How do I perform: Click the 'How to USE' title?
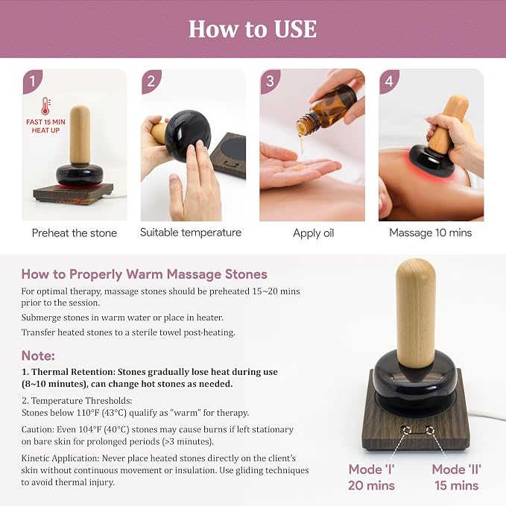coord(253,29)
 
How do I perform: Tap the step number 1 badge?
coord(32,80)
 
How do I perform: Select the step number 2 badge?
coord(151,80)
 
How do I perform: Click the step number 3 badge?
coord(270,80)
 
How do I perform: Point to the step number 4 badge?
coord(389,80)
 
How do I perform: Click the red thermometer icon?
coord(45,106)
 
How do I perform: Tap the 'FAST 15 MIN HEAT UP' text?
coord(45,126)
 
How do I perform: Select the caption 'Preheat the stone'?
coord(75,233)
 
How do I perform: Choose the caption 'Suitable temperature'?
coord(191,233)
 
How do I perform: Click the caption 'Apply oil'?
coord(313,233)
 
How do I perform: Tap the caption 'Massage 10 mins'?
coord(431,233)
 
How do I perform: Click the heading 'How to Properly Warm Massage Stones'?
coord(145,274)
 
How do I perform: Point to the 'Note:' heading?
coord(38,355)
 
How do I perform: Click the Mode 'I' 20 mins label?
coord(371,477)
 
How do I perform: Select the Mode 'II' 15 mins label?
coord(456,477)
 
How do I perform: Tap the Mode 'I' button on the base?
coord(407,431)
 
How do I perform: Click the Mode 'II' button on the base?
coord(429,430)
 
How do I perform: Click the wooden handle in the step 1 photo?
coord(80,135)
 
